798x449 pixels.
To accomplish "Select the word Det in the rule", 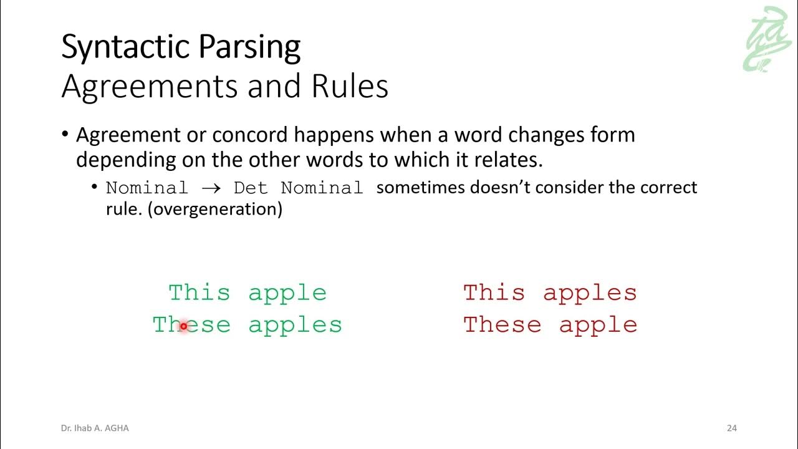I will [250, 188].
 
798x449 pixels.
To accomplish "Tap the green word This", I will [199, 292].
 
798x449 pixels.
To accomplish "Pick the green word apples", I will [295, 326].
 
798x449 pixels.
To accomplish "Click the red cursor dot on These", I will [183, 326].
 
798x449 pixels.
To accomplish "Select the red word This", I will [494, 292].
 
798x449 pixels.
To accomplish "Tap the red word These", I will [502, 324].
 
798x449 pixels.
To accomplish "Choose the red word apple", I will [598, 326].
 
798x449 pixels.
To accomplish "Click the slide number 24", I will [732, 428].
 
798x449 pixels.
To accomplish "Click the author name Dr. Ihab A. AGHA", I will [95, 428].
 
